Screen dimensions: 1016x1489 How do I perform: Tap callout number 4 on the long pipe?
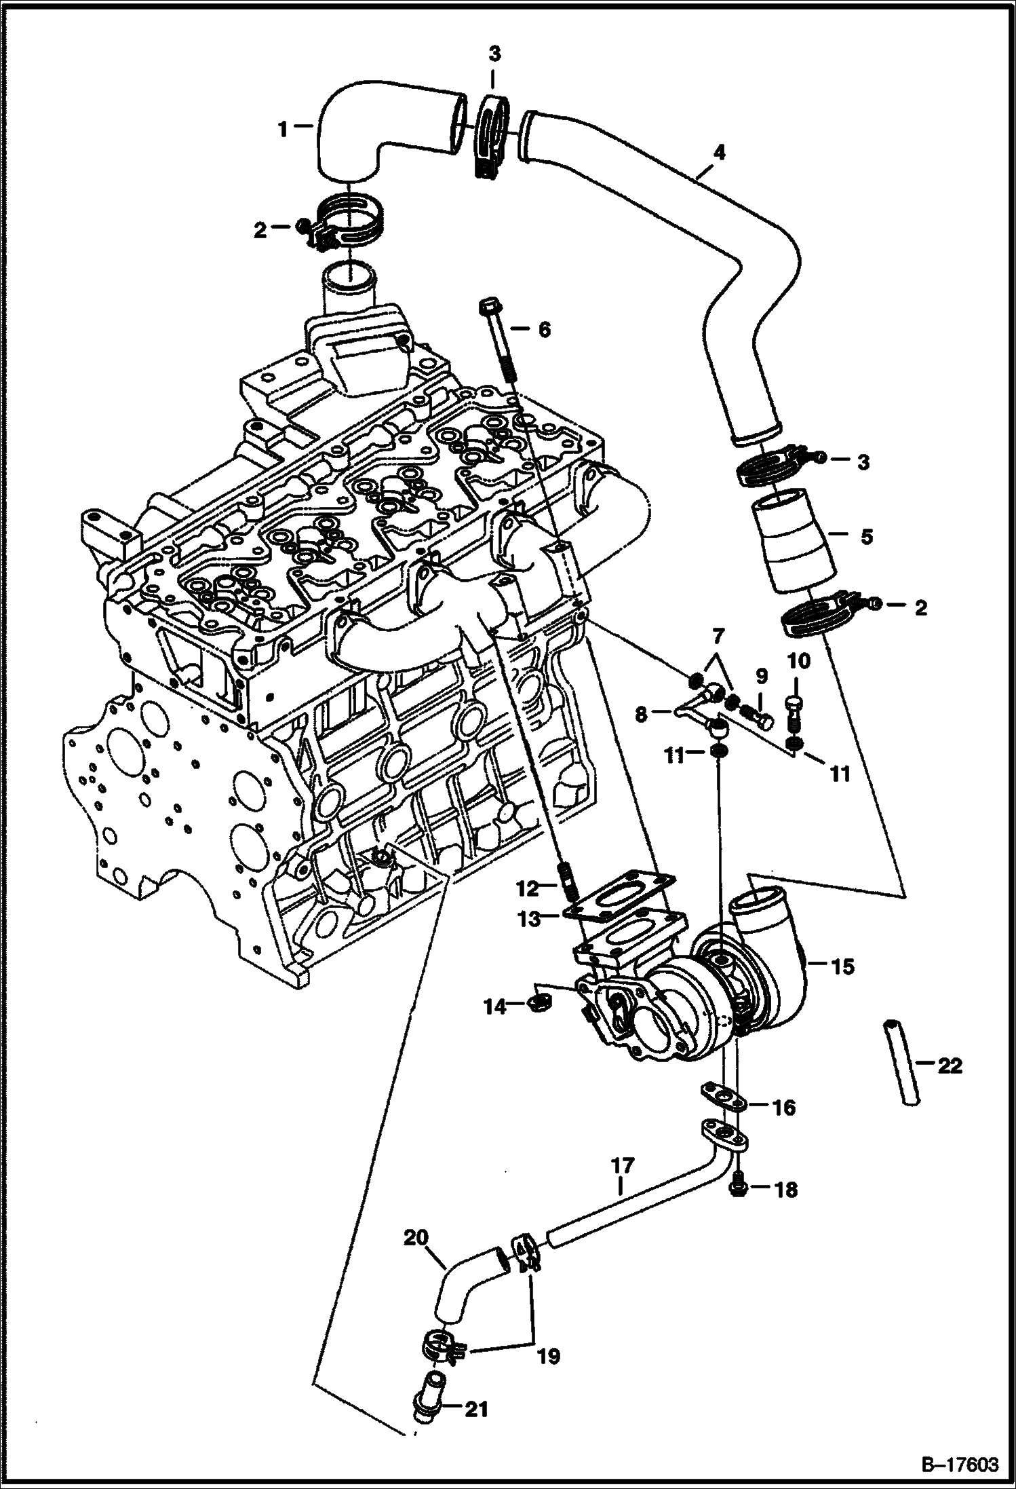point(719,152)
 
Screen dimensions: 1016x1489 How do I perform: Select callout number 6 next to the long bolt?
point(544,330)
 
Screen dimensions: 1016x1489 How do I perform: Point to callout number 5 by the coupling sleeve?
point(866,536)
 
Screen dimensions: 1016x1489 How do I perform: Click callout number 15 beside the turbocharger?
point(842,966)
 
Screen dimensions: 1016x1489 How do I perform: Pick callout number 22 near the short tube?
point(950,1066)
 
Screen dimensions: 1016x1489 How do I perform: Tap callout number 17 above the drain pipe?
point(622,1165)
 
